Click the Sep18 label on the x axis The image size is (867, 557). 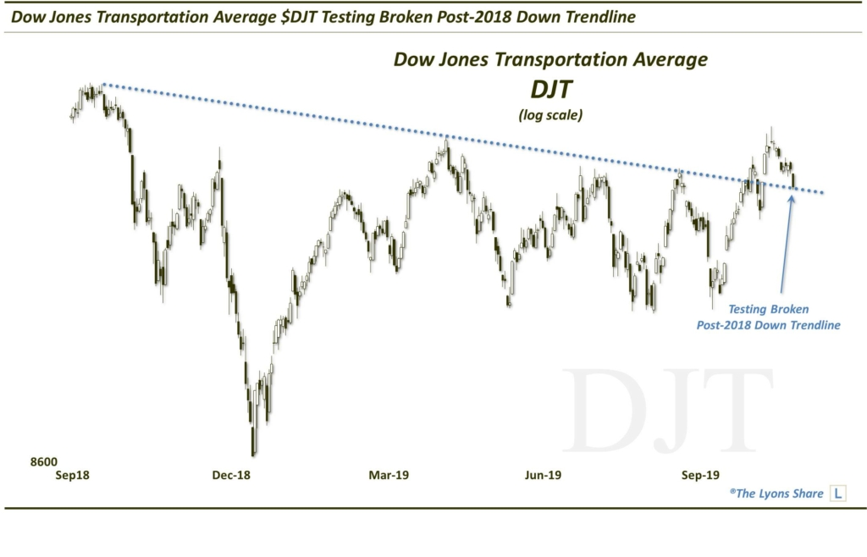[x=73, y=476]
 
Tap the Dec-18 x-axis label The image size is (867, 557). [x=231, y=476]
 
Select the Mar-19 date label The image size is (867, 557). [x=389, y=476]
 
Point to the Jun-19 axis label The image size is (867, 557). [x=543, y=476]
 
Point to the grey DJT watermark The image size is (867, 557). [x=669, y=411]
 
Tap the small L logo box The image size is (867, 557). [x=837, y=493]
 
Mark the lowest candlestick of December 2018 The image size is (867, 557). [x=253, y=440]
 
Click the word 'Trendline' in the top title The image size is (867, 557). [x=594, y=17]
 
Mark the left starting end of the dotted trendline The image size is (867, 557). [x=102, y=84]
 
